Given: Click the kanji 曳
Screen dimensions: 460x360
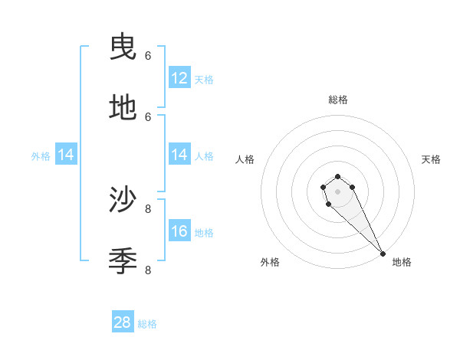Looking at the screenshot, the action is pos(123,47).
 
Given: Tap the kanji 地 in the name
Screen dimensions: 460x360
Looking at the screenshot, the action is pos(123,108).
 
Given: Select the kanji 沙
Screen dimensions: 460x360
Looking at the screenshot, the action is pos(123,200).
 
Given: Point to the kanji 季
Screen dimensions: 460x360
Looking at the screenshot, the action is pos(123,261).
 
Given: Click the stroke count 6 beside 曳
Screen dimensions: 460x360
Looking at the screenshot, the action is pos(148,55).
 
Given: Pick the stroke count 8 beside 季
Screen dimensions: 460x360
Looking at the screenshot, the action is pos(148,270).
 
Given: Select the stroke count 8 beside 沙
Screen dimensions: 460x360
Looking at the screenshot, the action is pos(148,208).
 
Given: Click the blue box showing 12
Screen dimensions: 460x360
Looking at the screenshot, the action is pos(179,78).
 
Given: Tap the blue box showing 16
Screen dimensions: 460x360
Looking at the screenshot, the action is pos(179,231).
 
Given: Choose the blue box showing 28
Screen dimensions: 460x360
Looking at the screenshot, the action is pos(123,322).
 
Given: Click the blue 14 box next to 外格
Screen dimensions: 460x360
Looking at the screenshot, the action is pos(66,155).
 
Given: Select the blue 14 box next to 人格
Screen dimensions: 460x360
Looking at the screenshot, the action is pos(179,155).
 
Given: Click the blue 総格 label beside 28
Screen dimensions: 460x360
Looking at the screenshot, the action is pos(147,324).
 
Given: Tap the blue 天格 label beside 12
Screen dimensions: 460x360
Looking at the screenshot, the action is pos(204,80).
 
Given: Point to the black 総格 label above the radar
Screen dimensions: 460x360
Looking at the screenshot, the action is pos(337,100).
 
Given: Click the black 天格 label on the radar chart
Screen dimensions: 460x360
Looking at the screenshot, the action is pos(431,159).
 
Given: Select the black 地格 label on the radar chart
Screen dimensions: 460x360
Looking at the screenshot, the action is pos(402,262).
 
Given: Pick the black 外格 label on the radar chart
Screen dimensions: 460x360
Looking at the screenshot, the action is pos(270,262).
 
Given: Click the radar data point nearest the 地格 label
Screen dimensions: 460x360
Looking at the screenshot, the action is pos(383,254).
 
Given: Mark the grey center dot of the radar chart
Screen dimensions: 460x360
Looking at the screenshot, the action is pos(337,191).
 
